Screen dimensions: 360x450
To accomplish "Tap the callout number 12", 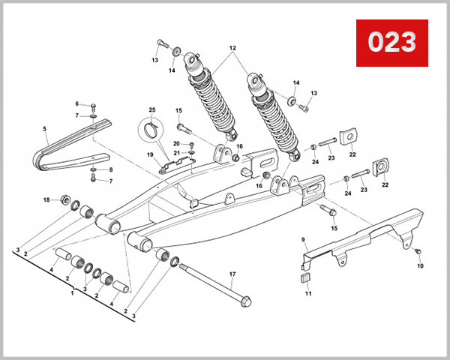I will point(232,49).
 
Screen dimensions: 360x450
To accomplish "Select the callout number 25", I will point(151,111).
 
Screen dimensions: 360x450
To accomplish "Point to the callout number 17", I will point(232,274).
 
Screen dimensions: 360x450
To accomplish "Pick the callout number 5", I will point(44,129).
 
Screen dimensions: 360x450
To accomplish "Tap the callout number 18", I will point(46,199).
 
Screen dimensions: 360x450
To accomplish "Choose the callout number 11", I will point(307,294).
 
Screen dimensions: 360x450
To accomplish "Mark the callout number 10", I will point(420,265).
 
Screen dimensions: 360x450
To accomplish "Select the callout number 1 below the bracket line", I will point(72,294).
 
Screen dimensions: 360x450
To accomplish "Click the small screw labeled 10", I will point(418,250).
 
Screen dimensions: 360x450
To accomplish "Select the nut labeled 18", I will point(64,199).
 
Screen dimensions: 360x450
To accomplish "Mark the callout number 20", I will point(176,143).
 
